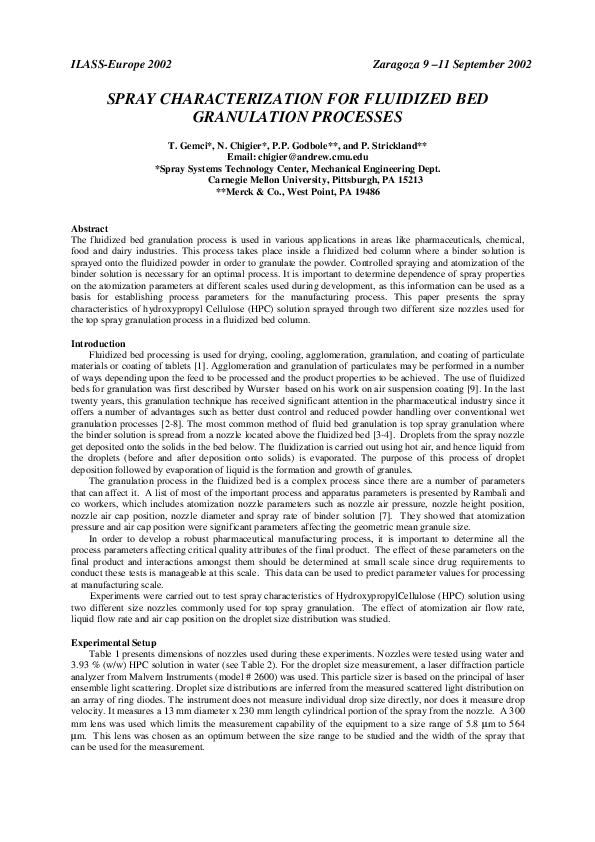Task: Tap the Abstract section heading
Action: [x=91, y=230]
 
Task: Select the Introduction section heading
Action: [x=99, y=344]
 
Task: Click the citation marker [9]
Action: [x=515, y=395]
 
